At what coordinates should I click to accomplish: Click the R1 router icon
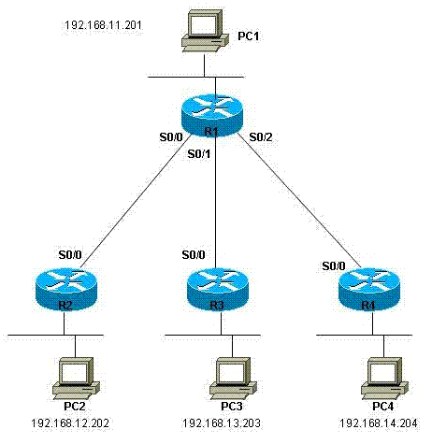(x=211, y=115)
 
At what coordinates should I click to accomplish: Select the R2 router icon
(x=66, y=290)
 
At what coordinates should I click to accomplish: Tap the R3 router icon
(x=218, y=290)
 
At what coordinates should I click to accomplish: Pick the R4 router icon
(x=369, y=290)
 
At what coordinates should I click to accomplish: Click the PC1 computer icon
(x=205, y=31)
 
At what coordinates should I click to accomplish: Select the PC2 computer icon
(x=76, y=379)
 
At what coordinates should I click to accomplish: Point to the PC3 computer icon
(x=233, y=379)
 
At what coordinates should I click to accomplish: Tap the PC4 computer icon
(x=384, y=379)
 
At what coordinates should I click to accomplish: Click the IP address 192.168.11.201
(x=103, y=25)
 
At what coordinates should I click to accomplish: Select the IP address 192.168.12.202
(x=70, y=423)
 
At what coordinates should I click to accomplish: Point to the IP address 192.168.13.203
(x=222, y=423)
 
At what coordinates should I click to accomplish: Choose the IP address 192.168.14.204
(x=378, y=423)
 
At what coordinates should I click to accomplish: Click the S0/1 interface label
(x=199, y=153)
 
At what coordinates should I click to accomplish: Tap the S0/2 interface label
(x=261, y=136)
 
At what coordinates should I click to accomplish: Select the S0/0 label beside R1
(x=171, y=136)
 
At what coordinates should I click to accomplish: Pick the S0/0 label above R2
(x=70, y=255)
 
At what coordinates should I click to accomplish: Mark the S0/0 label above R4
(x=334, y=265)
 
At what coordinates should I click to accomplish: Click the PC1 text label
(x=249, y=36)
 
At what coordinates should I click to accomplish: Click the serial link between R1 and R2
(x=136, y=201)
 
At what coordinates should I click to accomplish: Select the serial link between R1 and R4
(x=299, y=200)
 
